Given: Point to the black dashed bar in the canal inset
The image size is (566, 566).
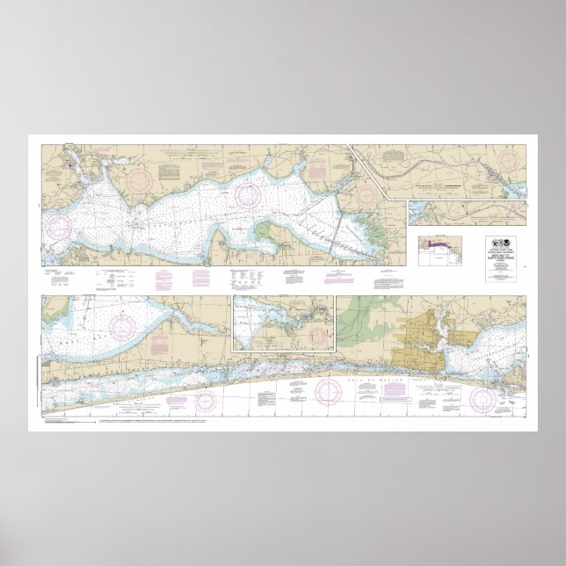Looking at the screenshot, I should click(x=432, y=187).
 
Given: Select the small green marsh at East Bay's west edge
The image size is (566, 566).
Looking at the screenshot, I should click(x=268, y=236).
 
